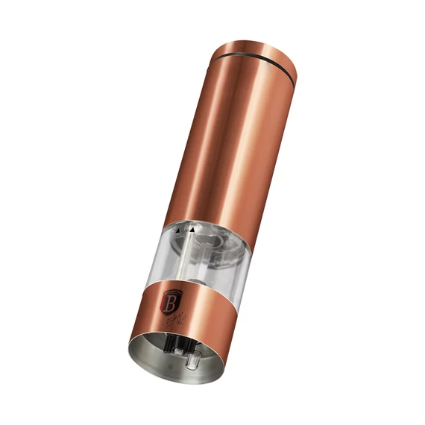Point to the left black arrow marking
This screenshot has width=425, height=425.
(177, 231)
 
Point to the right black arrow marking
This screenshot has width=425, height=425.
(193, 230)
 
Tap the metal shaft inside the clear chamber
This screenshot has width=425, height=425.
(185, 257)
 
